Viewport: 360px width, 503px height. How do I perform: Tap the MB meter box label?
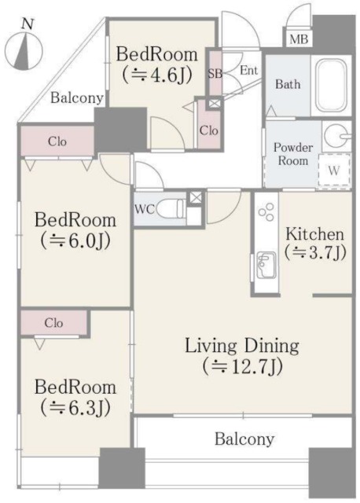coord(299,39)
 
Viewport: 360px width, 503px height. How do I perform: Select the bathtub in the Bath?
coord(331,86)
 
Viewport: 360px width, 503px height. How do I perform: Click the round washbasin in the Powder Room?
coord(336,136)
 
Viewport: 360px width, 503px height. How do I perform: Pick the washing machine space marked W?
coord(334,170)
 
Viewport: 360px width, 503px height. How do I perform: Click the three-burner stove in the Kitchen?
coord(266,211)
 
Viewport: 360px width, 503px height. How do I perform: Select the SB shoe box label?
coord(215,73)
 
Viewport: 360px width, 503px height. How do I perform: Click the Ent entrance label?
coord(248,70)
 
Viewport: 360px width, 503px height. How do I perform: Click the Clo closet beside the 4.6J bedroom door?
coord(209,131)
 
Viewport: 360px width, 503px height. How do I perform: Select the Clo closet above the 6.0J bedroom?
coord(57,141)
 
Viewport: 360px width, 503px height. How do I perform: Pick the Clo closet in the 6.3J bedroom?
coord(53,323)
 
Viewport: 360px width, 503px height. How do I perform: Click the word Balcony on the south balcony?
coord(244,439)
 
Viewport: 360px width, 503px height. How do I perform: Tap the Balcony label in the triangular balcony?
coord(77,97)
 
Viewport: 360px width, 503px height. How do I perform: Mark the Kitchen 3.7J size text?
coord(315,252)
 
